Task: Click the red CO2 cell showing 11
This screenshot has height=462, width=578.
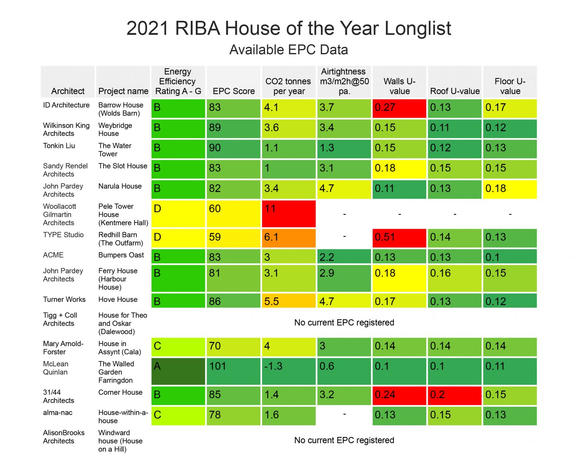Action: (x=289, y=213)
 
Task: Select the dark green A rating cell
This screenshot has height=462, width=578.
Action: (x=178, y=371)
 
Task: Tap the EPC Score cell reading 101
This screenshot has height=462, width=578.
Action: (x=234, y=371)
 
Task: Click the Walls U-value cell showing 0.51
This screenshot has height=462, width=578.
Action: (x=399, y=238)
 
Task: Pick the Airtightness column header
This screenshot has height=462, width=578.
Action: (x=344, y=81)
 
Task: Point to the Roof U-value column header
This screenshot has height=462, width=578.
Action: (x=455, y=91)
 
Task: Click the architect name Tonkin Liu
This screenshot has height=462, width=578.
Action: (x=59, y=146)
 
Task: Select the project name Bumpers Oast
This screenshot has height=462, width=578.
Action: (x=121, y=255)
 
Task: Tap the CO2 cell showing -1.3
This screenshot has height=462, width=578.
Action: (x=289, y=371)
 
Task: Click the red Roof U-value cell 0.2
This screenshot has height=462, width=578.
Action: (x=455, y=395)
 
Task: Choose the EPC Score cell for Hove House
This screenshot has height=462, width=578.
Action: (x=234, y=301)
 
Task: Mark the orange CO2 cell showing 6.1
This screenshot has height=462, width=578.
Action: (x=289, y=238)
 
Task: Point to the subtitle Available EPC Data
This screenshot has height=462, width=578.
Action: (x=289, y=50)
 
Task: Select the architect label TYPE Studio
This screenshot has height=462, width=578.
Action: (x=63, y=235)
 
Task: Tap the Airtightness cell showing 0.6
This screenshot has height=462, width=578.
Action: (x=344, y=371)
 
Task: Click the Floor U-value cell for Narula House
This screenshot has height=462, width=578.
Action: (x=510, y=189)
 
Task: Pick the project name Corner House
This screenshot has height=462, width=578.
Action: (x=120, y=392)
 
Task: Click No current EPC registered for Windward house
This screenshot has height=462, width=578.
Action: (x=344, y=440)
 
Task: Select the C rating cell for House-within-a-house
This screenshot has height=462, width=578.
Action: (x=178, y=415)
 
